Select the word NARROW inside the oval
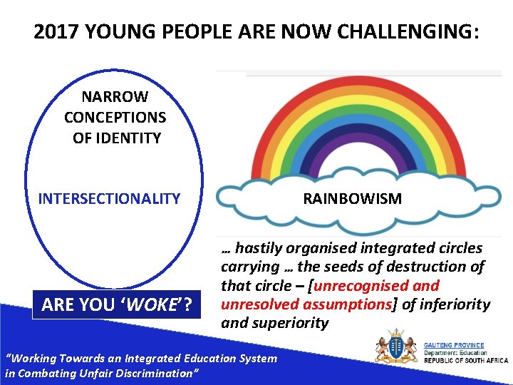(115, 96)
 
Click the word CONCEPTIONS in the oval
(115, 117)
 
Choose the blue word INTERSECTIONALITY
(109, 199)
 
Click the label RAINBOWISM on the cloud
(352, 199)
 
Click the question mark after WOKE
(187, 305)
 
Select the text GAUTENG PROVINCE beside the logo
(455, 345)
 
